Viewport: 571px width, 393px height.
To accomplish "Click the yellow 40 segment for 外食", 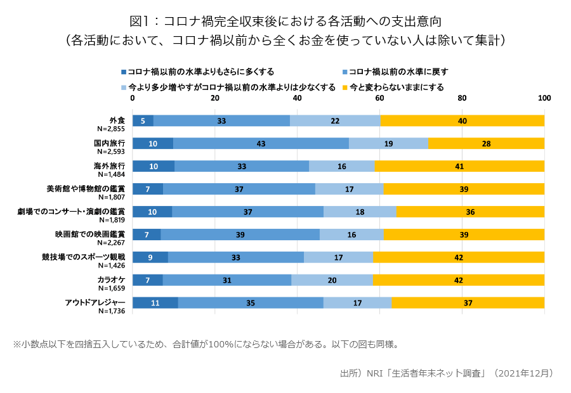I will click(462, 120).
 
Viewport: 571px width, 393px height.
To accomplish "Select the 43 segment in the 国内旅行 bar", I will click(261, 143).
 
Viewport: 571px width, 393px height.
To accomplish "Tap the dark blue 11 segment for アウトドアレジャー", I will click(155, 303).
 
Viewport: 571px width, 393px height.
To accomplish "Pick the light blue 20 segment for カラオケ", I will click(332, 280).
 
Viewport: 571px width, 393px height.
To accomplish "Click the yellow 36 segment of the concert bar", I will click(470, 212).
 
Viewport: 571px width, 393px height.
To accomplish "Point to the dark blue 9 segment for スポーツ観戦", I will click(150, 257).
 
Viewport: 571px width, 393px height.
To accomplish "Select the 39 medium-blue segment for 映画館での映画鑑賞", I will click(240, 235).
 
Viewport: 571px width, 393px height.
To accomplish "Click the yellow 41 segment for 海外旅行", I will click(459, 166).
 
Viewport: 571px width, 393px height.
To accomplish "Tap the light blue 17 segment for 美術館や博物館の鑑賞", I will click(349, 189).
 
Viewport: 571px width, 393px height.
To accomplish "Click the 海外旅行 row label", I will click(109, 165).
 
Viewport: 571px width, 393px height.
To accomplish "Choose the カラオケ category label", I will click(111, 280).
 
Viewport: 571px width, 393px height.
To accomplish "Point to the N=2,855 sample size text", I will click(111, 129).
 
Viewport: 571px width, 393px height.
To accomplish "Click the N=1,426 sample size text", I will click(111, 266).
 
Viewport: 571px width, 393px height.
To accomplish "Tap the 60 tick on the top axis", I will click(379, 99).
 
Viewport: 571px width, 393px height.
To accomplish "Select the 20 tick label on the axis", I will click(215, 99).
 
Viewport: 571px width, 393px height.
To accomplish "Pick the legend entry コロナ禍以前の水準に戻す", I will click(398, 72).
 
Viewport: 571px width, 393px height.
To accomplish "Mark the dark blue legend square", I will click(123, 72).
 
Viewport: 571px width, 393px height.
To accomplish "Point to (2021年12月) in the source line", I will click(524, 373).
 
